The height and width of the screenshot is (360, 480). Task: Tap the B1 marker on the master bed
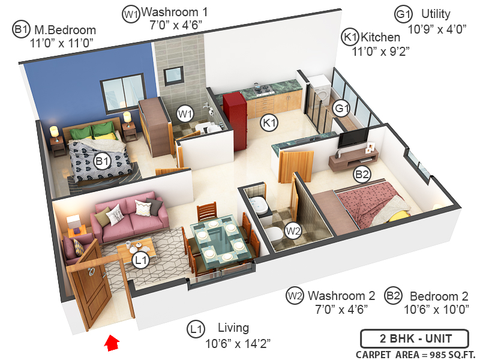103,161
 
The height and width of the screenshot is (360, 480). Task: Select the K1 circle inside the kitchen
269,123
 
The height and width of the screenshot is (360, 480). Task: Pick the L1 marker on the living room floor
141,260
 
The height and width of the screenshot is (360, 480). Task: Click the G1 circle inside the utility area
341,109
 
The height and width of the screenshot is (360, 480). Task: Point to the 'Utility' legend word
436,14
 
